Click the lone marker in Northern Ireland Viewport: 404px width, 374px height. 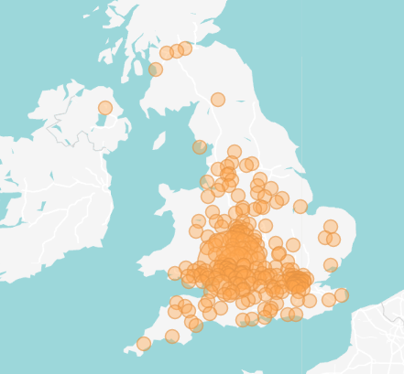105,108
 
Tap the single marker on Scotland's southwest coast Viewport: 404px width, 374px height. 156,69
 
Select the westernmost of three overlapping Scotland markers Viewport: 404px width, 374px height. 167,53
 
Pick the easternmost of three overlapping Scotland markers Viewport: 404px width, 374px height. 185,48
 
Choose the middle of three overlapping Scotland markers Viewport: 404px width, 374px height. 177,51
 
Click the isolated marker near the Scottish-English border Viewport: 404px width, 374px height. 218,100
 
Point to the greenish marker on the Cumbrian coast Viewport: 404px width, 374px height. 200,147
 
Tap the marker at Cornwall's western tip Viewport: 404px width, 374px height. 144,344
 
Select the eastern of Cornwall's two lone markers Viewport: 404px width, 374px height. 172,337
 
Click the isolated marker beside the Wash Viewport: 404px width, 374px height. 300,207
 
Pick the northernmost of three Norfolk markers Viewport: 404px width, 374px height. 331,227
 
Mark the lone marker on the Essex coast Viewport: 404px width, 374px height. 331,265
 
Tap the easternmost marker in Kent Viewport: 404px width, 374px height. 342,295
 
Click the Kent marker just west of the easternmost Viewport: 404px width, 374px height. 329,300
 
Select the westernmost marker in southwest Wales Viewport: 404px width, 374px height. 175,273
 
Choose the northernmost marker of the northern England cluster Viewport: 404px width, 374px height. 235,152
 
